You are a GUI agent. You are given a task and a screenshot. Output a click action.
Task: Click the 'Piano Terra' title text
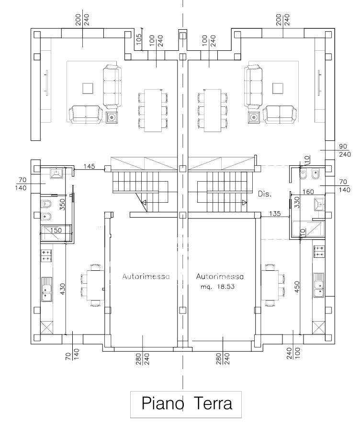(x=187, y=404)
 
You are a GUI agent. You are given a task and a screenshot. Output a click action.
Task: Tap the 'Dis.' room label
(x=265, y=194)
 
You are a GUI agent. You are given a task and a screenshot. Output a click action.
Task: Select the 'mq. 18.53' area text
(x=218, y=287)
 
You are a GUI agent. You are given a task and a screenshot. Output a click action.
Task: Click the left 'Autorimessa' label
(x=146, y=277)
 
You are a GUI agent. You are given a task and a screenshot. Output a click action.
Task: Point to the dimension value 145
(x=89, y=166)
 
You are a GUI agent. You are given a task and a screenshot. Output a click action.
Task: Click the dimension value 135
(x=275, y=214)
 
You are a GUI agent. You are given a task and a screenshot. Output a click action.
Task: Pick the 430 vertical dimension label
(x=63, y=289)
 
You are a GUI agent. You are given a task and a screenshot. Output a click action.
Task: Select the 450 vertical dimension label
(x=297, y=287)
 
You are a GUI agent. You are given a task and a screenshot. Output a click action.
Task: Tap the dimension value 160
(x=308, y=192)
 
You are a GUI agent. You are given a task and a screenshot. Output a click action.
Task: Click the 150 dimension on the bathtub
(x=56, y=230)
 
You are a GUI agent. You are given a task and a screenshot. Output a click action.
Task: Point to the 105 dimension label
(x=139, y=39)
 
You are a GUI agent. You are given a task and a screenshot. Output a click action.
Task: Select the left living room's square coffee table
(x=88, y=89)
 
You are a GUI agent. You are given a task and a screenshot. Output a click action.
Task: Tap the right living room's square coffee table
(x=278, y=89)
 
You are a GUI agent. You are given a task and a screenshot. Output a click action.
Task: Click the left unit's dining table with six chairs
(x=153, y=110)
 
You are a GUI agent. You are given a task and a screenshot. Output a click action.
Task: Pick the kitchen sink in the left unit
(x=46, y=289)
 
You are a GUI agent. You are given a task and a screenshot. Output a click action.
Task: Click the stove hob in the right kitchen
(x=319, y=251)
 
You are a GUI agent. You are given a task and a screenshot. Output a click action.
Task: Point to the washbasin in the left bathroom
(x=56, y=173)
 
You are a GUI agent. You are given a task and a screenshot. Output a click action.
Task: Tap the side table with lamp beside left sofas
(x=111, y=117)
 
